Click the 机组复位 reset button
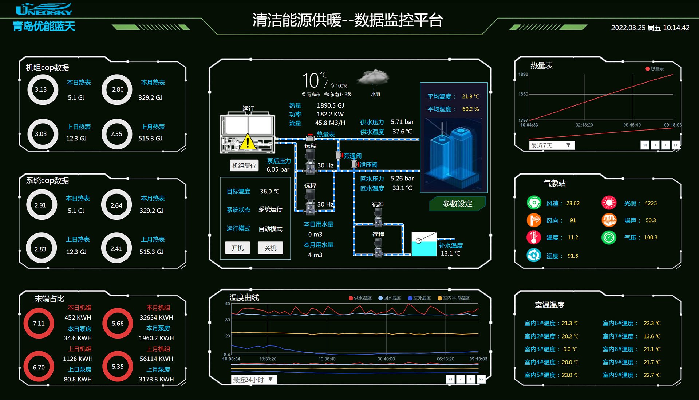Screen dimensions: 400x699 pyautogui.click(x=244, y=165)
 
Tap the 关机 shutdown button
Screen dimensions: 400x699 pyautogui.click(x=270, y=248)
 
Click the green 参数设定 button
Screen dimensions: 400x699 pyautogui.click(x=457, y=204)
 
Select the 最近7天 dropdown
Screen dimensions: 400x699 pyautogui.click(x=551, y=145)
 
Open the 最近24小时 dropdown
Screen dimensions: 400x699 pyautogui.click(x=253, y=380)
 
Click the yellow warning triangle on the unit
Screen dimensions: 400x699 pyautogui.click(x=248, y=142)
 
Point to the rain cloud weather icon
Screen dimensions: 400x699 pyautogui.click(x=373, y=78)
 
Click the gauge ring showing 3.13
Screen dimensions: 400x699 pyautogui.click(x=42, y=89)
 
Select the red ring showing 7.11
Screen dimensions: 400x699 pyautogui.click(x=39, y=323)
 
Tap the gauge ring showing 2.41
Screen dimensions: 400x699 pyautogui.click(x=116, y=249)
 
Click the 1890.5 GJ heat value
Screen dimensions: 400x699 pyautogui.click(x=330, y=105)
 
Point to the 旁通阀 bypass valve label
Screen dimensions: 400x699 pyautogui.click(x=352, y=156)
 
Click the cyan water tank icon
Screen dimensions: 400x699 pyautogui.click(x=423, y=244)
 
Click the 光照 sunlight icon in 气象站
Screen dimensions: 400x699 pyautogui.click(x=609, y=203)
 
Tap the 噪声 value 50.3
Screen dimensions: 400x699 pyautogui.click(x=651, y=220)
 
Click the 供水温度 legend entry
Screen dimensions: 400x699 pyautogui.click(x=360, y=298)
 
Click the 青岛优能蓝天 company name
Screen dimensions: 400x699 pyautogui.click(x=44, y=26)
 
